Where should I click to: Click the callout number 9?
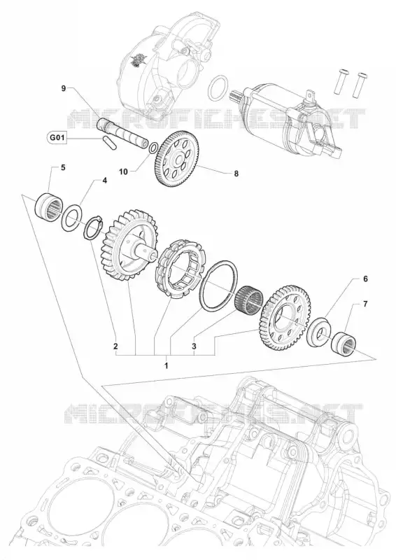64,88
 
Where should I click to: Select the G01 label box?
57,137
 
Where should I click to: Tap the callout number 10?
123,171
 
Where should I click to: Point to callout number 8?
236,174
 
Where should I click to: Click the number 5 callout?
63,167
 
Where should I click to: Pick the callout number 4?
105,181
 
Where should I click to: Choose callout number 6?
365,279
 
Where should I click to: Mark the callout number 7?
365,304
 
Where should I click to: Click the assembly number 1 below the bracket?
166,365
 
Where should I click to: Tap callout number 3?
194,346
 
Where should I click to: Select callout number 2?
115,346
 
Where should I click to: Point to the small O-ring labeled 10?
154,148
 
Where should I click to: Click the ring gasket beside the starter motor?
218,88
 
